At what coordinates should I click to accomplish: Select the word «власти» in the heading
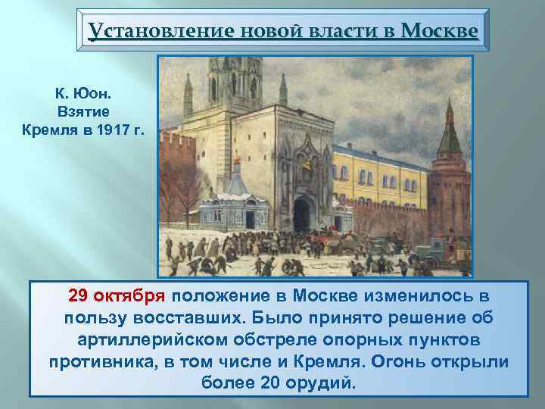click(330, 31)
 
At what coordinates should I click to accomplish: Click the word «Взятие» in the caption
click(77, 111)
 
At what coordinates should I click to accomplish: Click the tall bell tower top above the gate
click(234, 76)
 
